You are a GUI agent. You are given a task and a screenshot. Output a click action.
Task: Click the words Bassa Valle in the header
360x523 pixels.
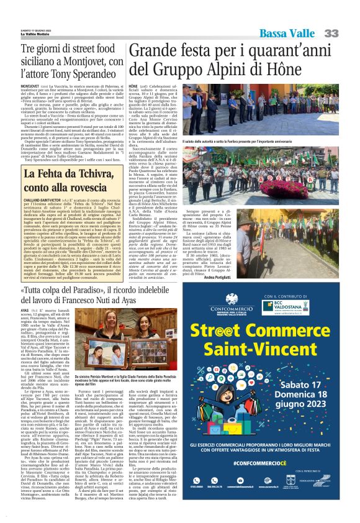click(288, 33)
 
